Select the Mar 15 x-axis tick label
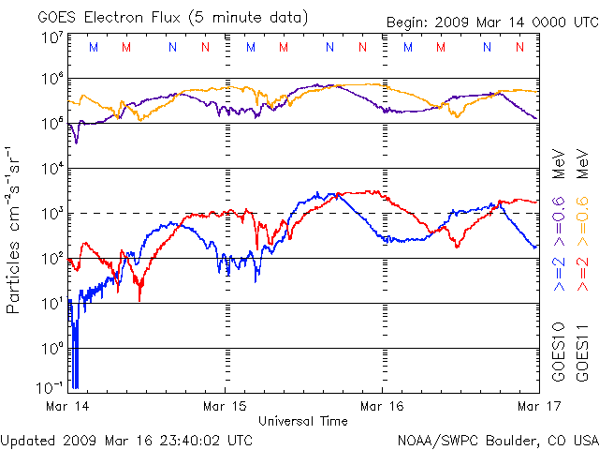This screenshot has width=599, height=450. (x=225, y=407)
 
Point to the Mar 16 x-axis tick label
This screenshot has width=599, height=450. (x=382, y=407)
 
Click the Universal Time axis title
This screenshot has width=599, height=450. (x=302, y=421)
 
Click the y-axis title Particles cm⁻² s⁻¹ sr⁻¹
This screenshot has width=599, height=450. (x=16, y=229)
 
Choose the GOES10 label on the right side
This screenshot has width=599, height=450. (x=559, y=352)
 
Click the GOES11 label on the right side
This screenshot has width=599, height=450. (x=581, y=352)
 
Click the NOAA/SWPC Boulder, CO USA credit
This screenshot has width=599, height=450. (x=497, y=439)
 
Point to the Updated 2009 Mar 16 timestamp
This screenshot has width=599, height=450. (x=126, y=439)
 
